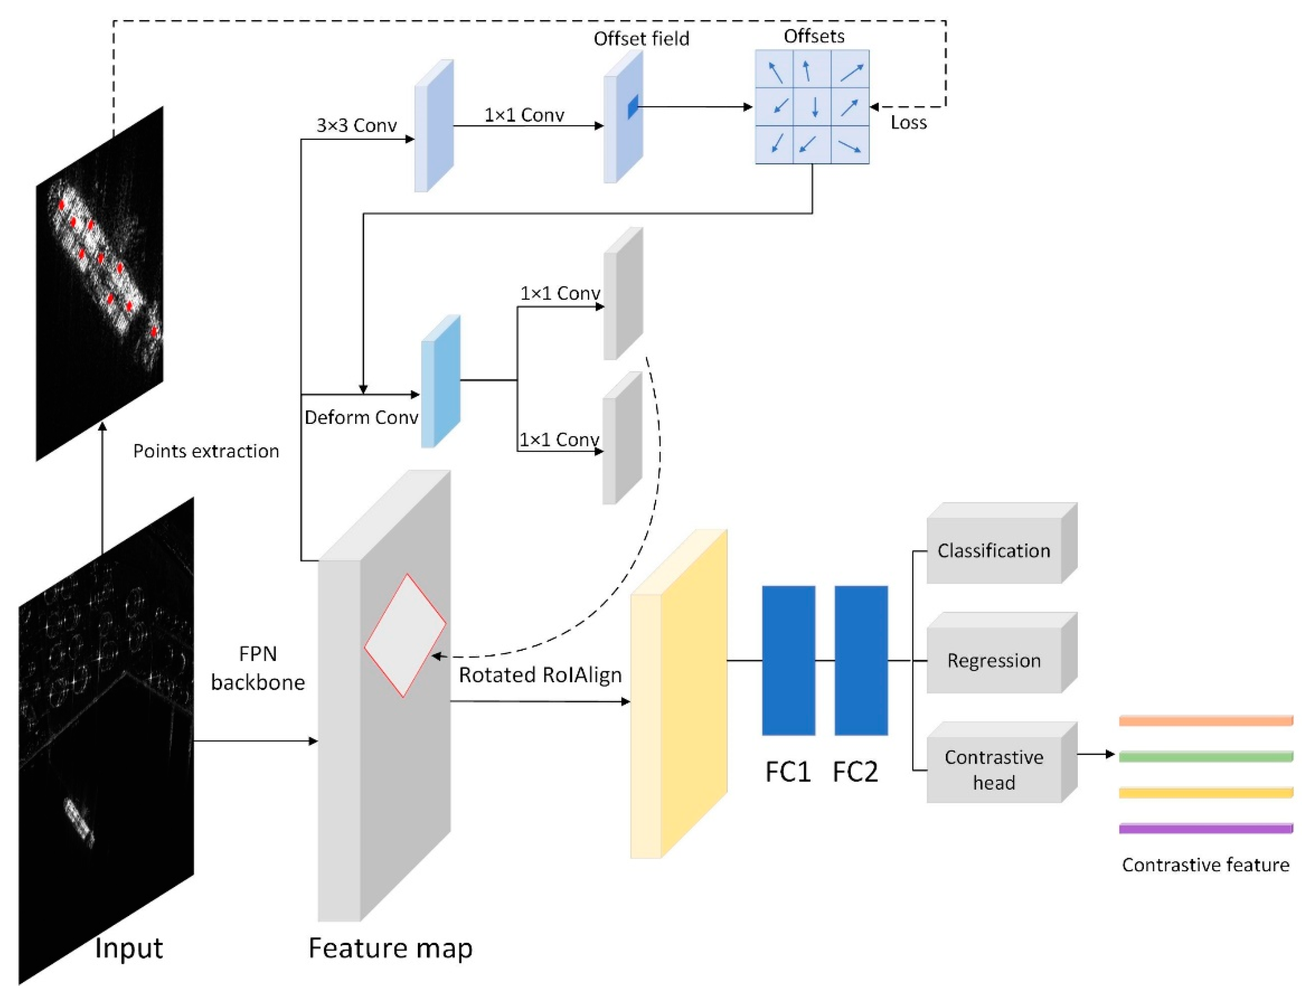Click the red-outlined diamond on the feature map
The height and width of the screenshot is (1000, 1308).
405,635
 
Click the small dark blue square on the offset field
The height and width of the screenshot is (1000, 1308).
632,107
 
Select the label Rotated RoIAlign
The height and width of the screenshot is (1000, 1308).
540,675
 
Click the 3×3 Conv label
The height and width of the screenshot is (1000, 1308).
356,125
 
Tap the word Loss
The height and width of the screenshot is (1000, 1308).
908,123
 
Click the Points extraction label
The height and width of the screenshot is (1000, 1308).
206,451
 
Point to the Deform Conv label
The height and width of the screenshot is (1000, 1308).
361,418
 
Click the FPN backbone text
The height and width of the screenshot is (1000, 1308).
258,668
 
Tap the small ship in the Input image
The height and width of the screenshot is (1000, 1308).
79,821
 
